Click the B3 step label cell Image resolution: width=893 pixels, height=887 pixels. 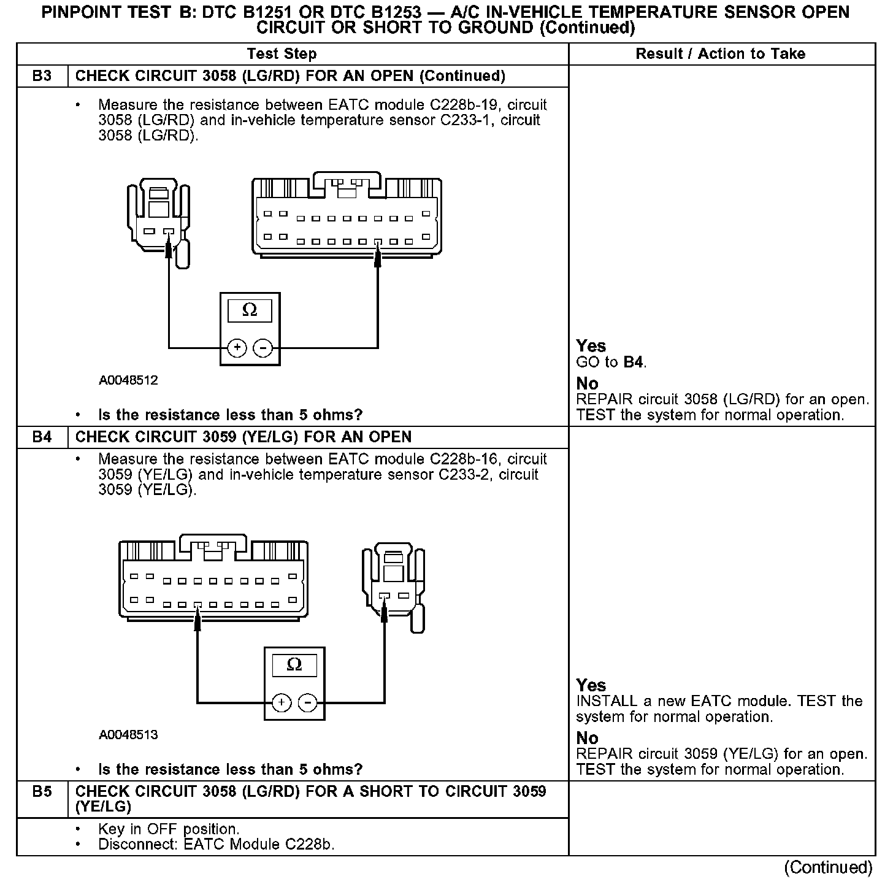point(42,76)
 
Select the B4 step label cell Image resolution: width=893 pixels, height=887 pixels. point(42,437)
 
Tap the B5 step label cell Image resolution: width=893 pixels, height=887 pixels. point(42,792)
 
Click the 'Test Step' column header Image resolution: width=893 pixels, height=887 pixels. point(282,54)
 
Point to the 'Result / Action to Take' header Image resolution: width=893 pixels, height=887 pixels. point(721,54)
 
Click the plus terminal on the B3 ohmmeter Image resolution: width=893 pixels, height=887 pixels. point(237,348)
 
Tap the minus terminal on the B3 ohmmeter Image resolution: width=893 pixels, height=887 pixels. point(263,348)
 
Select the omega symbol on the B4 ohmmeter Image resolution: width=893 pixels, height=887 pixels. point(294,665)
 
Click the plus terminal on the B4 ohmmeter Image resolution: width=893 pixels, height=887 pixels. point(281,702)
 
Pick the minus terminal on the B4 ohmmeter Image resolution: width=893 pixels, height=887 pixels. point(307,702)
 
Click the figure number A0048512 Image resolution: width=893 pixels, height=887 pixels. point(128,380)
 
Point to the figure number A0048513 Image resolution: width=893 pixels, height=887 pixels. point(128,735)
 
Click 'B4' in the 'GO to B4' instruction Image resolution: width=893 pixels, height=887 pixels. point(634,363)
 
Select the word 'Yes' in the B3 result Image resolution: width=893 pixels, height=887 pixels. point(591,346)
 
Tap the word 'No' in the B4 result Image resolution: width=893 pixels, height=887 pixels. point(587,738)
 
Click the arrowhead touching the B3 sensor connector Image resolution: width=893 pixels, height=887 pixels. point(169,248)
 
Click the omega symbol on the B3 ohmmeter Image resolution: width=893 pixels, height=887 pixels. point(250,310)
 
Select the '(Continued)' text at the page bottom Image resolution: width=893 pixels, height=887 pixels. point(828,867)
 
